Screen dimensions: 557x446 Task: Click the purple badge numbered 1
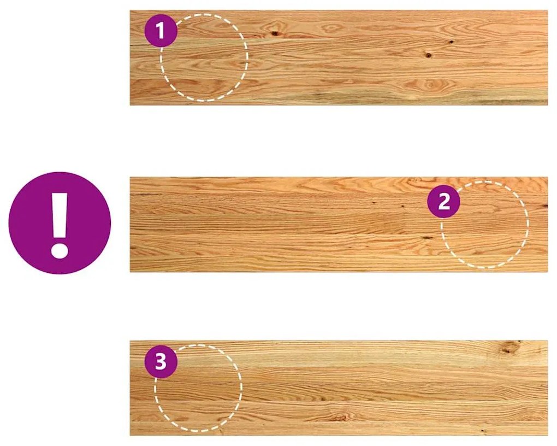161,31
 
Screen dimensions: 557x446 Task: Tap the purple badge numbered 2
443,202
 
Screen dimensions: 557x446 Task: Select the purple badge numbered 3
161,362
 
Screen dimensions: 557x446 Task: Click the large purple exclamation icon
60,223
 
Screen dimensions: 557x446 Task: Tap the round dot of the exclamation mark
60,250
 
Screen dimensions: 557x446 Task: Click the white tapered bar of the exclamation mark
60,215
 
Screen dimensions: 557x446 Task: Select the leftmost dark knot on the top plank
275,34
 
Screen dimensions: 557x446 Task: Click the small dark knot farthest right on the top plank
451,42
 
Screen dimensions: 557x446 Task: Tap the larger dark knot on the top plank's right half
429,55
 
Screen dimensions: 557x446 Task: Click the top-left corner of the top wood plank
130,10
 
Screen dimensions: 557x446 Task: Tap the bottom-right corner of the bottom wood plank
548,435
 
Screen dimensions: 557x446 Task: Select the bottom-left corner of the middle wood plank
130,272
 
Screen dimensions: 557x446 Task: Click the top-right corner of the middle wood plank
548,177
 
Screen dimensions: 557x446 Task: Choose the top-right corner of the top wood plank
548,10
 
